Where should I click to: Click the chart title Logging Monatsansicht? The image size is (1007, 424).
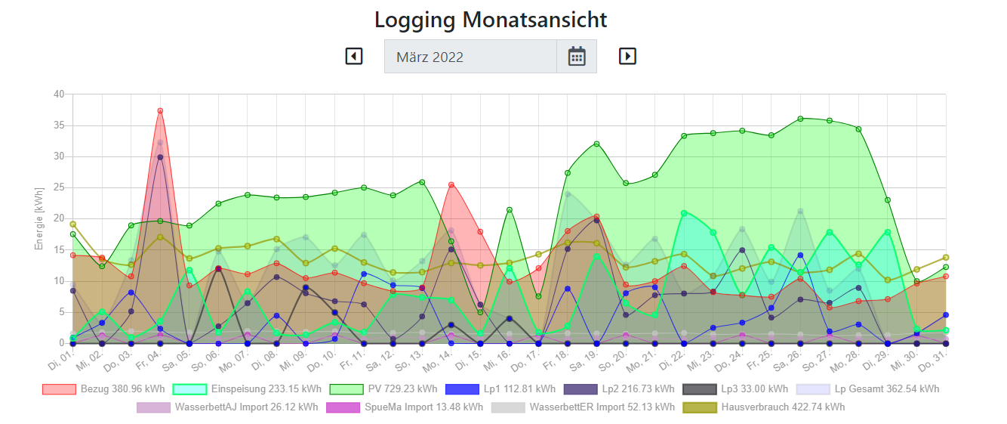pos(491,20)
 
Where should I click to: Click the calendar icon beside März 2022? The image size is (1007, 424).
pos(577,57)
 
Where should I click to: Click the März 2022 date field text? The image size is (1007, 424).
pos(430,57)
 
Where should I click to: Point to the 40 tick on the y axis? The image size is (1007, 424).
pos(59,94)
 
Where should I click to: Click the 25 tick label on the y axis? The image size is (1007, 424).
pos(59,187)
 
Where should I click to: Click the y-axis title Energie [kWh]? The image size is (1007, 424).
pos(39,218)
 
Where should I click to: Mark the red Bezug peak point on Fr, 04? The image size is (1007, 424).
pos(160,111)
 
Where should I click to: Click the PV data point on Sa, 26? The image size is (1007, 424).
pos(800,119)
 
